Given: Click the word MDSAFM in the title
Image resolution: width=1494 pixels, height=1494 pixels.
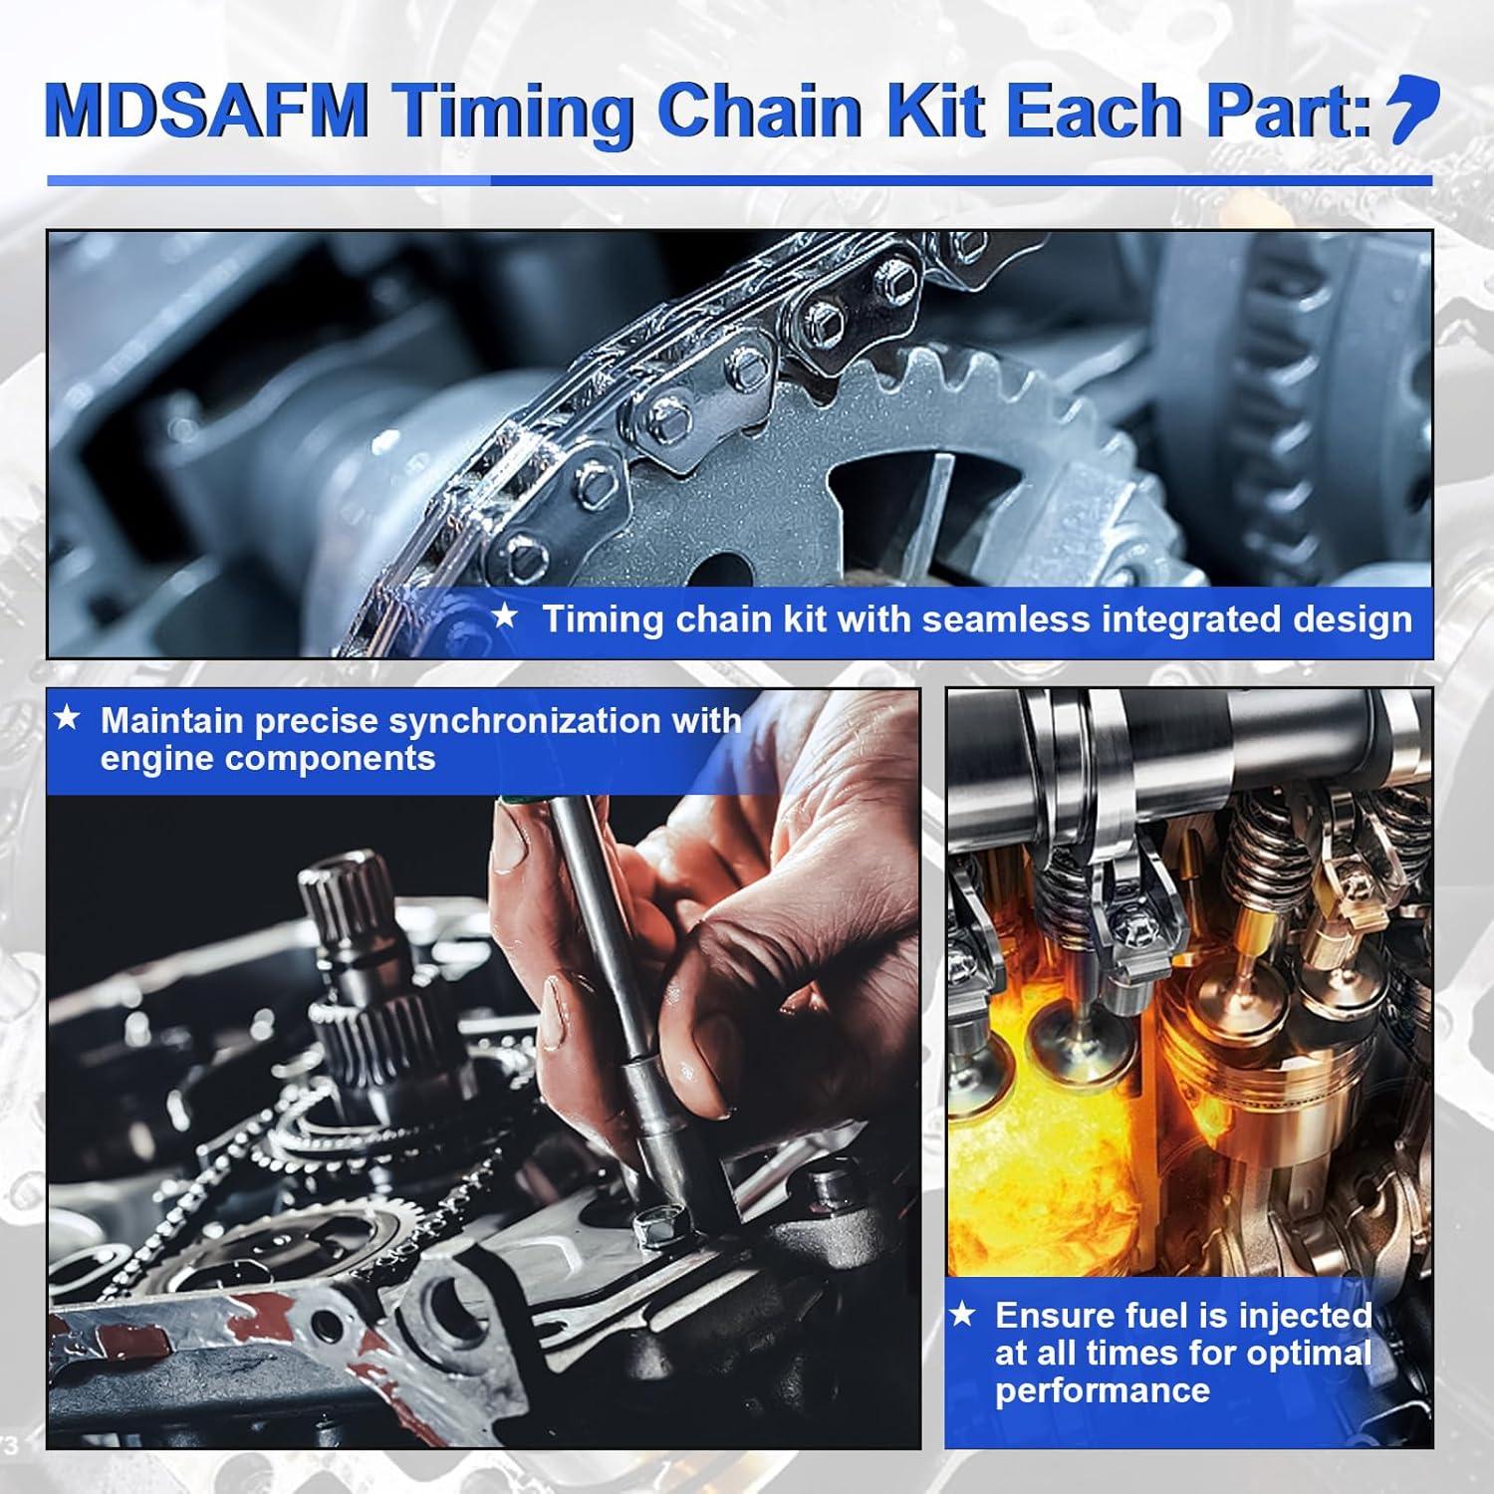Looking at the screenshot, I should pyautogui.click(x=205, y=111).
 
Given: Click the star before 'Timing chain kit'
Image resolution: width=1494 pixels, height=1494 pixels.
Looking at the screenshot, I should pyautogui.click(x=505, y=618).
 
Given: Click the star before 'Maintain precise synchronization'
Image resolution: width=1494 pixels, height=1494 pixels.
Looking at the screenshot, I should pyautogui.click(x=67, y=718).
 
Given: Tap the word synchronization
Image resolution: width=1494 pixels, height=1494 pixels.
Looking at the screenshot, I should pyautogui.click(x=564, y=721).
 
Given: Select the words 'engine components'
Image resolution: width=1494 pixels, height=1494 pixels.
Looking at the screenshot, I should pyautogui.click(x=268, y=759).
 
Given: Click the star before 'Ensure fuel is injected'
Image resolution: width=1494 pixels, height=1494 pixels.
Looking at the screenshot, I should pyautogui.click(x=962, y=1315).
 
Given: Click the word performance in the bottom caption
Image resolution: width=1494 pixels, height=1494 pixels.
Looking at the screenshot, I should pyautogui.click(x=1102, y=1390).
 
